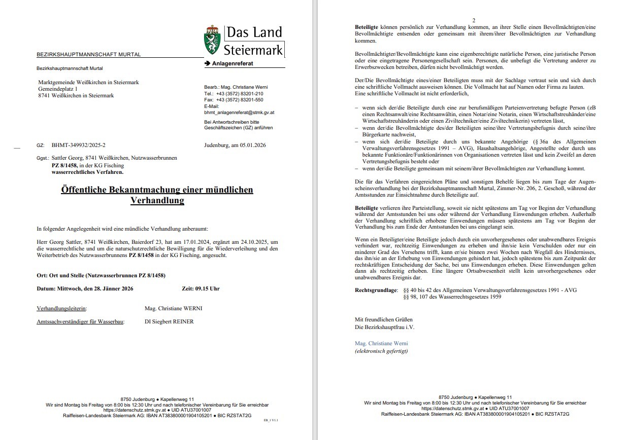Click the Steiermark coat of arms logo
tap(212, 41)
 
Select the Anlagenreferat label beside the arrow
tap(232, 64)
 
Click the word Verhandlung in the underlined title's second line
tap(157, 201)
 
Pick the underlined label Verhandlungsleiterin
tap(61, 308)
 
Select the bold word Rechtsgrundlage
tap(376, 290)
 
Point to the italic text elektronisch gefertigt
tap(381, 351)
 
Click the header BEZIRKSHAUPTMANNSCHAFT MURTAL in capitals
tap(89, 54)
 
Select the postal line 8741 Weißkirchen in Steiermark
tap(76, 95)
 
